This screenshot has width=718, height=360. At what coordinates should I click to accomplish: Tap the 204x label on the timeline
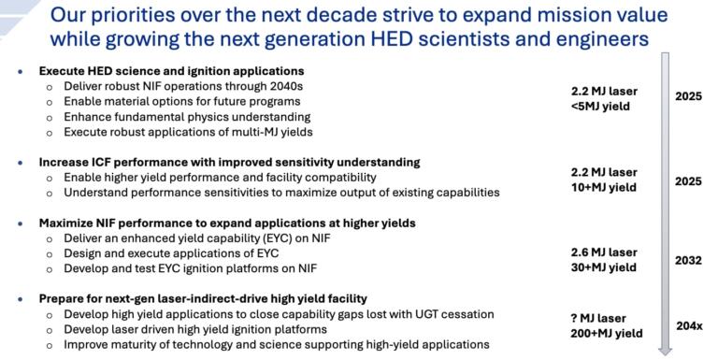(687, 326)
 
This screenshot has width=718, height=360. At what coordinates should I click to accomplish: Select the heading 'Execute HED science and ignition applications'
(172, 71)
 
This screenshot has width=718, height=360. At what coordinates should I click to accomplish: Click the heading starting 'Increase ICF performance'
(229, 162)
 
